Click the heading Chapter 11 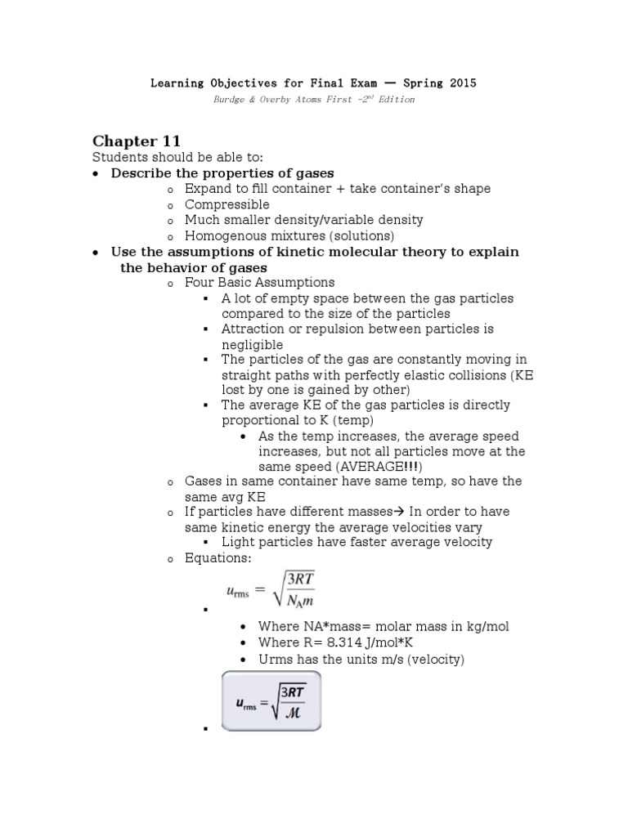click(136, 141)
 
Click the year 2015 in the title click(460, 83)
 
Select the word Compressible click(227, 204)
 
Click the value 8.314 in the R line click(330, 642)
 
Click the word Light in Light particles click(237, 542)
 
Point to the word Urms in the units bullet click(274, 659)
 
